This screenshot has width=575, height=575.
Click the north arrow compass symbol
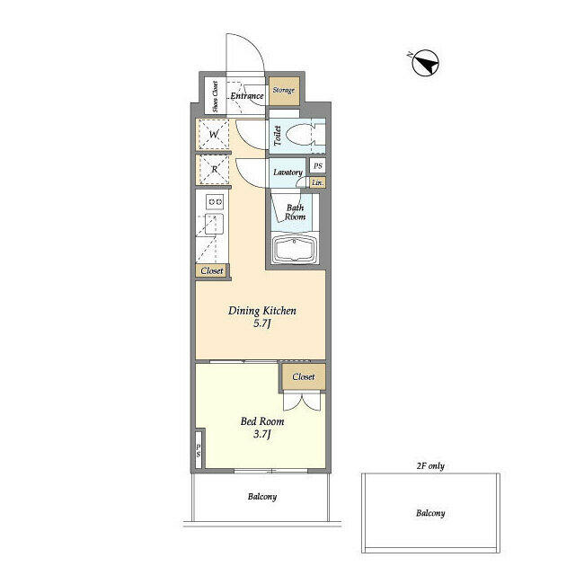click(425, 63)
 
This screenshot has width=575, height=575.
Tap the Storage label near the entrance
click(284, 91)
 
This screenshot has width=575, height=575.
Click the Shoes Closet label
click(216, 96)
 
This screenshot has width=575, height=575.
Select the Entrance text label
click(247, 96)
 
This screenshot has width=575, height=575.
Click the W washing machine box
click(214, 137)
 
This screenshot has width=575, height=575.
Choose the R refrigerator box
click(214, 168)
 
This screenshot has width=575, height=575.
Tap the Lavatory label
click(287, 172)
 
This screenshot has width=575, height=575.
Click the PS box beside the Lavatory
click(317, 165)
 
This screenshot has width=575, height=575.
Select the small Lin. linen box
click(317, 182)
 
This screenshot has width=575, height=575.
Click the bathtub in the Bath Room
click(295, 250)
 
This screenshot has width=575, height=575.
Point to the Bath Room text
click(295, 212)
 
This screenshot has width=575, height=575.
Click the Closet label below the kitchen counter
click(212, 270)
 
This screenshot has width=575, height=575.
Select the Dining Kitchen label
click(262, 311)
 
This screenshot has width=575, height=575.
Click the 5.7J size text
click(262, 324)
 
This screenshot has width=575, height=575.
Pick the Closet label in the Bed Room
click(304, 377)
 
